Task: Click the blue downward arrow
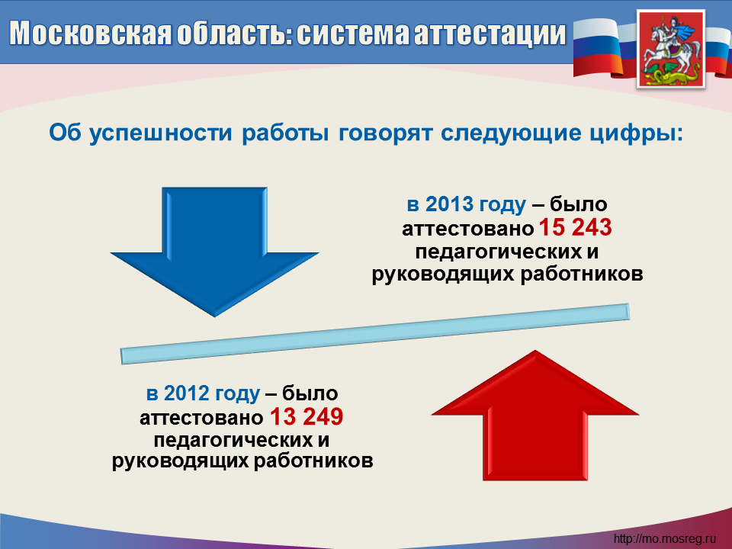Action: pyautogui.click(x=215, y=247)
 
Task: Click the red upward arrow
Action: pyautogui.click(x=535, y=416)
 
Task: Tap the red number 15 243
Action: pyautogui.click(x=575, y=227)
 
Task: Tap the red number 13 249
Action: pyautogui.click(x=307, y=416)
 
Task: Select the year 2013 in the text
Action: pyautogui.click(x=450, y=204)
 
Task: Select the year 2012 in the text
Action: pyautogui.click(x=188, y=393)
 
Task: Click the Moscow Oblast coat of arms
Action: pyautogui.click(x=671, y=49)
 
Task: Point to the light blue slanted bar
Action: pyautogui.click(x=375, y=334)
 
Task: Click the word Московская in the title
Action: pyautogui.click(x=90, y=34)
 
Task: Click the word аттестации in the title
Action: pyautogui.click(x=490, y=34)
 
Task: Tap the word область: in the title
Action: pyautogui.click(x=234, y=34)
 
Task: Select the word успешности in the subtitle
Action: pyautogui.click(x=161, y=133)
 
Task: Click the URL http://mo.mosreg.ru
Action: pyautogui.click(x=664, y=538)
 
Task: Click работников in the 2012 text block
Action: pyautogui.click(x=313, y=461)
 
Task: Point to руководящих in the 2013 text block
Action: pyautogui.click(x=443, y=274)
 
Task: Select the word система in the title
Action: pyautogui.click(x=352, y=34)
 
